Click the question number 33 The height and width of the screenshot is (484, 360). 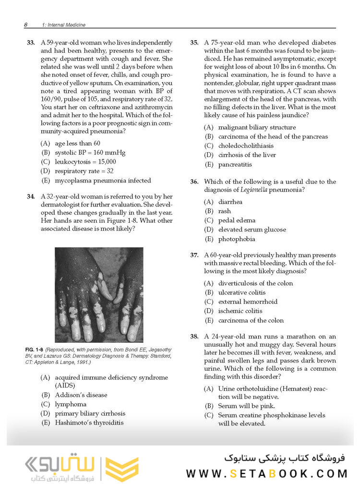coord(30,43)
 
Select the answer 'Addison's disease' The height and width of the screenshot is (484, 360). coord(81,395)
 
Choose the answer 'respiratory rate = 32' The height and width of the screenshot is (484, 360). coord(84,171)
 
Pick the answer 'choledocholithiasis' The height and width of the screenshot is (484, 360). coord(246,145)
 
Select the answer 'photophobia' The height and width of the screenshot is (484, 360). coord(237,239)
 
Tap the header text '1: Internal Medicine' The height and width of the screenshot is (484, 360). coord(62,24)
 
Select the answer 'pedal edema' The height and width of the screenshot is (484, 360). coord(237,220)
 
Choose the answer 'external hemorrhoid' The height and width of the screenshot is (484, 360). coord(248,302)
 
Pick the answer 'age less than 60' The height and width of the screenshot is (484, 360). coord(77,143)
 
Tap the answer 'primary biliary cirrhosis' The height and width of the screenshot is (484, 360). coord(90,413)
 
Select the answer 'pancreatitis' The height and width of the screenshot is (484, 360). coord(235,164)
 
